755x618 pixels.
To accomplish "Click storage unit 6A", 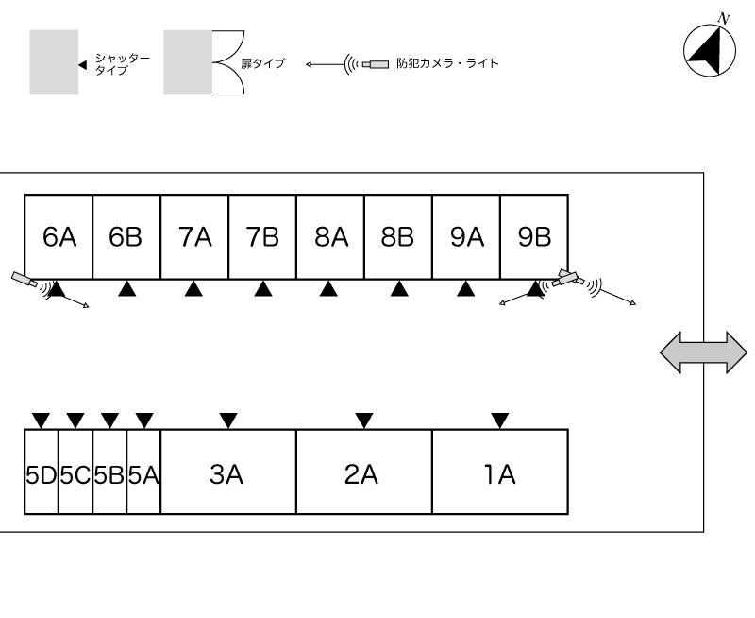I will tap(59, 237).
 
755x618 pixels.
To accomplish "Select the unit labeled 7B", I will tap(262, 237).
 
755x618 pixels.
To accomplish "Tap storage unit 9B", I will tap(534, 237).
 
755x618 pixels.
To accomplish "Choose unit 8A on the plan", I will tap(330, 237).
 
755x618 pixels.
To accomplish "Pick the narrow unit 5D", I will tap(42, 472).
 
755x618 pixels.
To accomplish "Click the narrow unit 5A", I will tap(143, 472).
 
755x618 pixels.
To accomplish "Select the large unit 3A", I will tap(227, 472).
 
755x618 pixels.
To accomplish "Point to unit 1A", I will tap(499, 472).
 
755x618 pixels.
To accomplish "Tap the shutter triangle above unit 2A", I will tap(364, 420).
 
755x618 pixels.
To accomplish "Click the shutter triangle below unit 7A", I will tap(193, 289).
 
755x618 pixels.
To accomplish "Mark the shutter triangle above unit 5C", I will tap(75, 420).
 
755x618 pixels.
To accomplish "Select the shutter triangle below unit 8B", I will tap(399, 289).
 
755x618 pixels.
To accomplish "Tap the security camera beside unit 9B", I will tap(566, 278).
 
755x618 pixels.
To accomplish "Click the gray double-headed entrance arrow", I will tap(702, 352).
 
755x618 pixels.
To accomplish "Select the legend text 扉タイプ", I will tap(264, 64).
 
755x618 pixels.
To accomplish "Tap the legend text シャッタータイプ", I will tap(122, 64).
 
